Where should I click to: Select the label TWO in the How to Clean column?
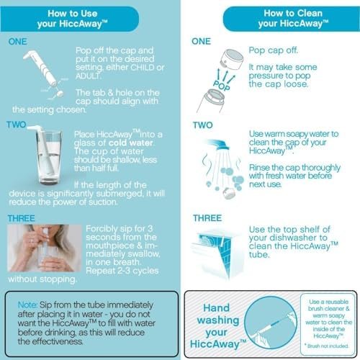[202, 125]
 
